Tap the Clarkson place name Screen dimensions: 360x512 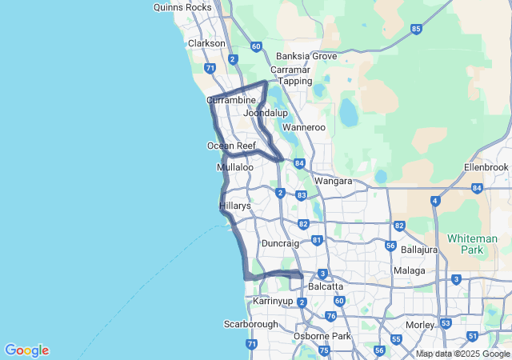(206, 43)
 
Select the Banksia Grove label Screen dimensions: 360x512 (306, 56)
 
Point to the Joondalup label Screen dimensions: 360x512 (266, 114)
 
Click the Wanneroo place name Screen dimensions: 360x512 (304, 127)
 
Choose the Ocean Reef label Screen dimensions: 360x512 (231, 146)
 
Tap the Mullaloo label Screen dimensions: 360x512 (235, 168)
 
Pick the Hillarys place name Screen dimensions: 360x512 (235, 206)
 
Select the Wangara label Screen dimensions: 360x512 (334, 181)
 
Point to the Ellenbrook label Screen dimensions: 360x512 (486, 167)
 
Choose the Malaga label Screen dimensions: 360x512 (409, 270)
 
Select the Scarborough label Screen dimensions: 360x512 (251, 324)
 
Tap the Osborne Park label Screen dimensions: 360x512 (322, 336)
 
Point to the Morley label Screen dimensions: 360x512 (420, 325)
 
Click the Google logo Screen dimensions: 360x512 (26, 350)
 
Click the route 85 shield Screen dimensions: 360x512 (415, 29)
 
